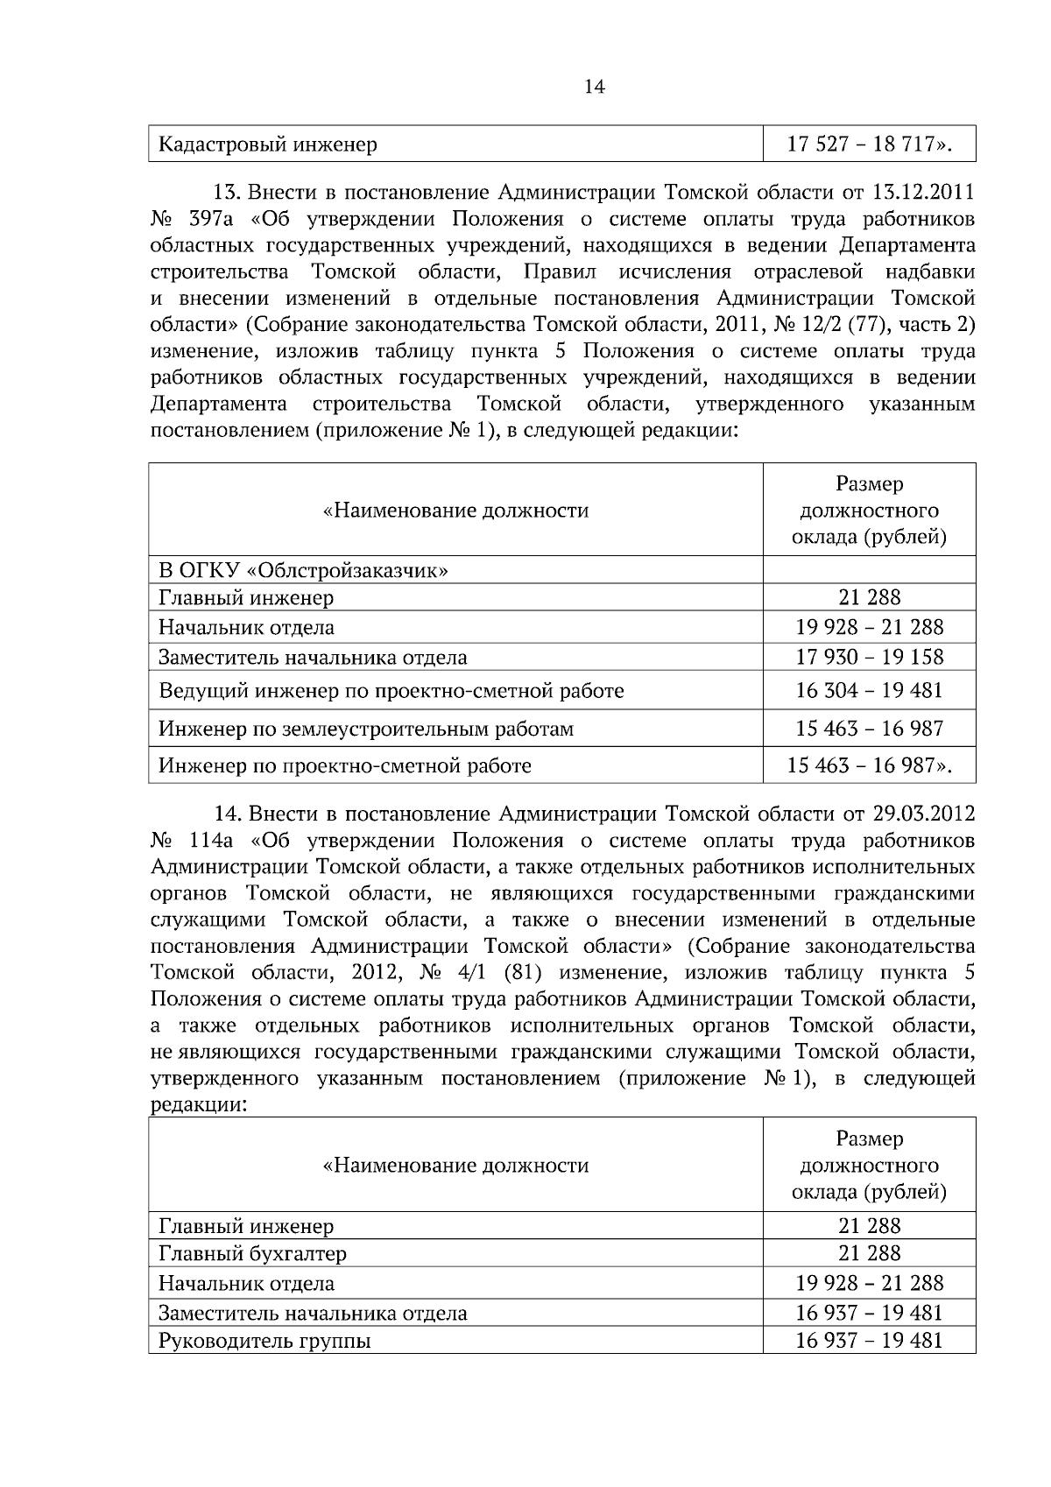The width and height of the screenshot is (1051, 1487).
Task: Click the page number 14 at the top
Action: point(594,87)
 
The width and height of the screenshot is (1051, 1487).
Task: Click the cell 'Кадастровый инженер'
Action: point(268,144)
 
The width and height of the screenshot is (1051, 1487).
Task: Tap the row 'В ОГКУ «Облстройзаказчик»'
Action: point(304,571)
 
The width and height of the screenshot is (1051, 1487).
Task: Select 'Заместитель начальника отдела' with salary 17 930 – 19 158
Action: point(313,658)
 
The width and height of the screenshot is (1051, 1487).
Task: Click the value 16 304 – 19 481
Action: point(869,690)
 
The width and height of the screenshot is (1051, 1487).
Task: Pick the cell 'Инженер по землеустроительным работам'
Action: point(366,729)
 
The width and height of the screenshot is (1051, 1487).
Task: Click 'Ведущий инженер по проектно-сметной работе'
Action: point(391,691)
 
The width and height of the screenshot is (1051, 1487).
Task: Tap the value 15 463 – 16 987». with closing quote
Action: point(869,765)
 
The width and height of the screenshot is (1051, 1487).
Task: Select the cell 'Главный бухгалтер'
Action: point(252,1253)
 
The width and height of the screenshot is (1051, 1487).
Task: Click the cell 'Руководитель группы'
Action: point(265,1341)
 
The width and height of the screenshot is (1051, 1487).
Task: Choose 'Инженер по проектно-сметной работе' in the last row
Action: point(345,766)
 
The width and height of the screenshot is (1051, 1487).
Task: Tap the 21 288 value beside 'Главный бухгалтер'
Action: point(869,1253)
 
